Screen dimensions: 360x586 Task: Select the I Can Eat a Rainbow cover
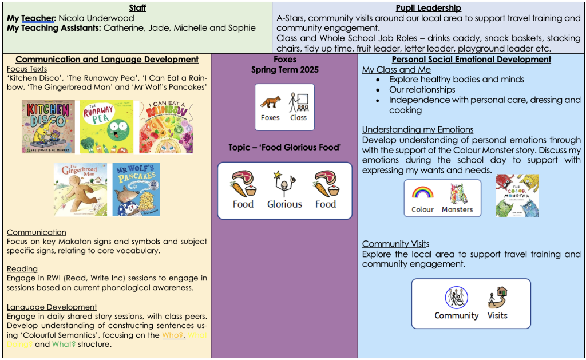pyautogui.click(x=165, y=127)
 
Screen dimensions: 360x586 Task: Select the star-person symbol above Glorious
pyautogui.click(x=284, y=183)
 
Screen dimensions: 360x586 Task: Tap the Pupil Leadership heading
pyautogui.click(x=429, y=8)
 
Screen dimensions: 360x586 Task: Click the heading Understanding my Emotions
pyautogui.click(x=418, y=130)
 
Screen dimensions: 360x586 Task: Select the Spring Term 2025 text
pyautogui.click(x=284, y=70)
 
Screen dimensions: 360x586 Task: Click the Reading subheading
pyautogui.click(x=22, y=269)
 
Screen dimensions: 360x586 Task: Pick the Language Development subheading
pyautogui.click(x=52, y=307)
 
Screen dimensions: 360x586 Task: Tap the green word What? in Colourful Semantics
pyautogui.click(x=64, y=345)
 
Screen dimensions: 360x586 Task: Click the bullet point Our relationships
pyautogui.click(x=422, y=90)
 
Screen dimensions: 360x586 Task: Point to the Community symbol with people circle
pyautogui.click(x=456, y=298)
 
